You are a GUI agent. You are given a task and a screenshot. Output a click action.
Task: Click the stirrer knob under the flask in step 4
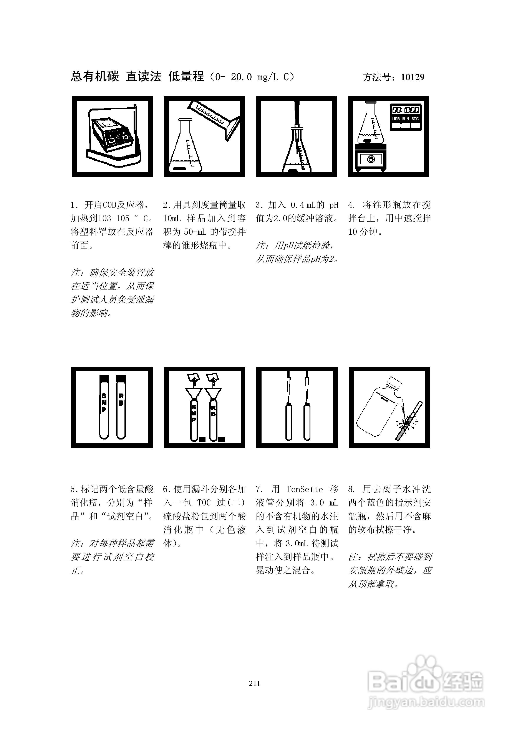click(x=371, y=159)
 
